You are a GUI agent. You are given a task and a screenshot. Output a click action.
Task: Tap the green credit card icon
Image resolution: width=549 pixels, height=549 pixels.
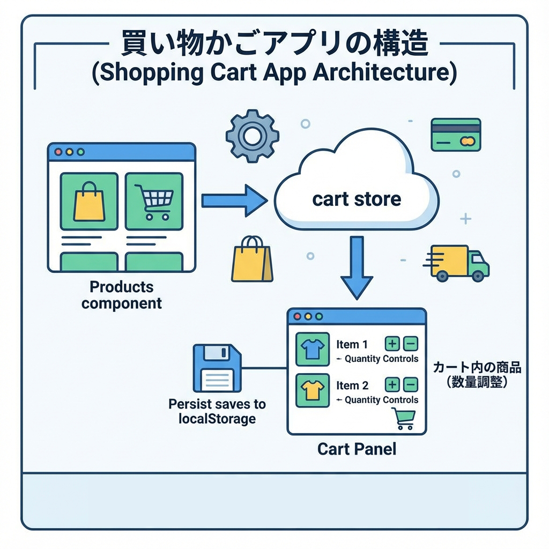pyautogui.click(x=455, y=135)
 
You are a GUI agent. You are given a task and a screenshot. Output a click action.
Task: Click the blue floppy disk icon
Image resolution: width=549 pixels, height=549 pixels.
pyautogui.click(x=217, y=369)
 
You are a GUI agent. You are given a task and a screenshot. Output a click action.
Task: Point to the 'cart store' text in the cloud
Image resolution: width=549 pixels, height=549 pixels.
pyautogui.click(x=356, y=199)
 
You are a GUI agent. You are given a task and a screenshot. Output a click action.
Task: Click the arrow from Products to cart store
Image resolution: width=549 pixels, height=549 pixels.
pyautogui.click(x=234, y=201)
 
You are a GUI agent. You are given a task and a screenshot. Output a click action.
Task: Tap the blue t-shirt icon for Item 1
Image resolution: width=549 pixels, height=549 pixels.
pyautogui.click(x=311, y=350)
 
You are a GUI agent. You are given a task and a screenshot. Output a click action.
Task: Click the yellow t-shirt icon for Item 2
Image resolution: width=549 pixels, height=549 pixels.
pyautogui.click(x=311, y=390)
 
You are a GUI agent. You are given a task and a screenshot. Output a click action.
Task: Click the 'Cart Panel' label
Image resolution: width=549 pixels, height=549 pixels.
pyautogui.click(x=357, y=449)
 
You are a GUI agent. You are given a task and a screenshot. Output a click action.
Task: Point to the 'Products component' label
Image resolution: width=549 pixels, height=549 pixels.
pyautogui.click(x=122, y=295)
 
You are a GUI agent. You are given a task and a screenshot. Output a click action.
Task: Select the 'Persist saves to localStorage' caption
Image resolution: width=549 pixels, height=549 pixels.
pyautogui.click(x=217, y=411)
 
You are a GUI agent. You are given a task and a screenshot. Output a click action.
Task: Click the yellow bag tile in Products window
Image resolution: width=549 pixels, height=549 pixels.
pyautogui.click(x=89, y=201)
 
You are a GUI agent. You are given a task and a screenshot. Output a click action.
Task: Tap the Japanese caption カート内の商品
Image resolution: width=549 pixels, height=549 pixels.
pyautogui.click(x=477, y=369)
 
